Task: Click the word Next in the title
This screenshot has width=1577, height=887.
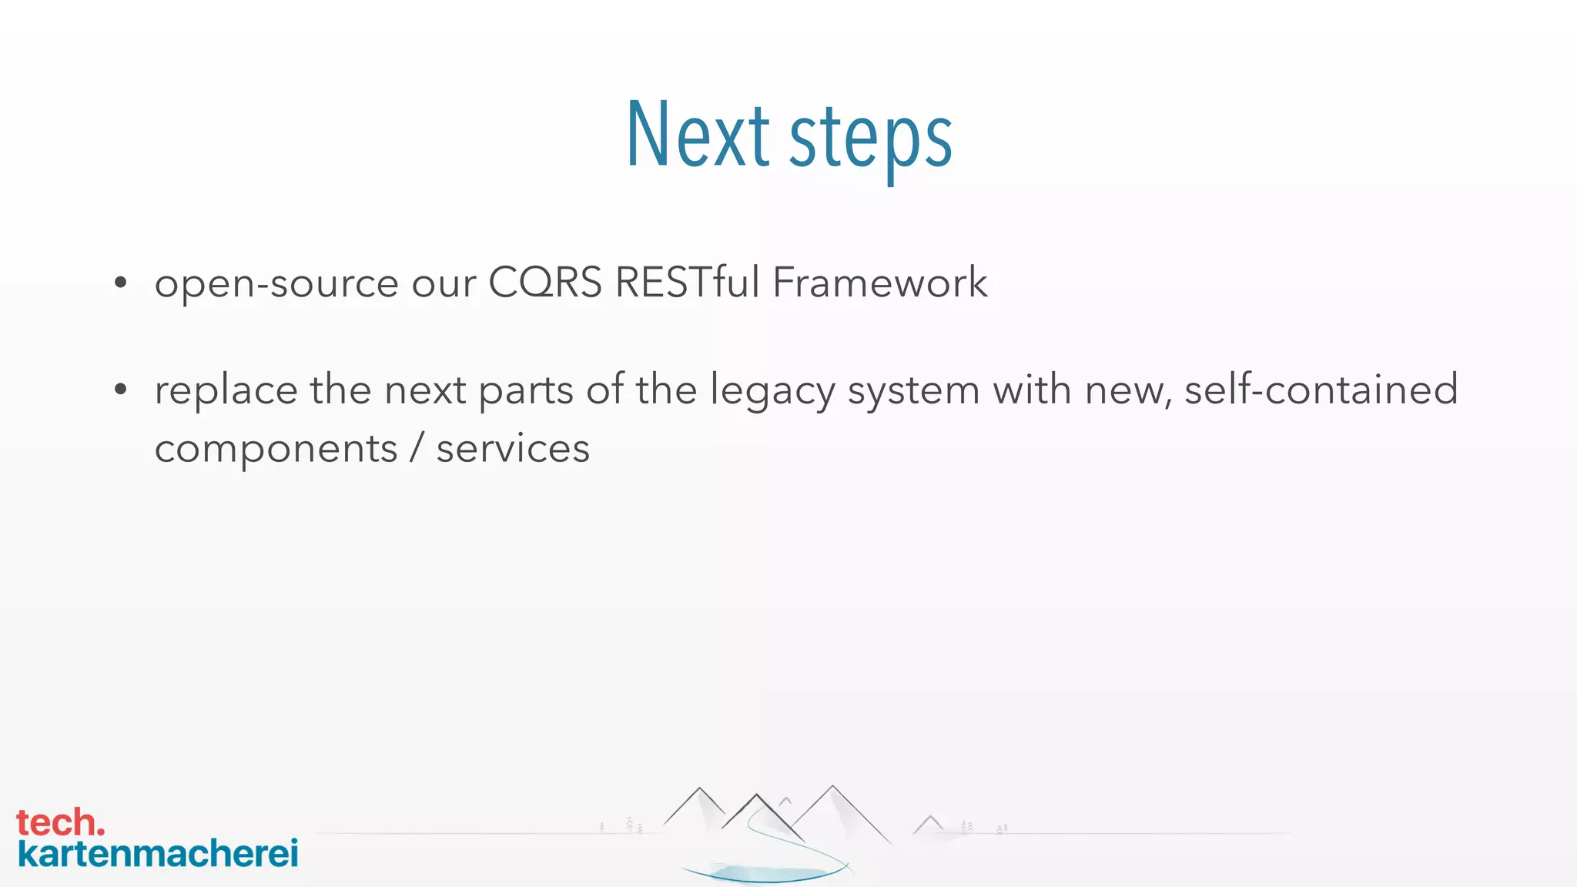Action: click(698, 136)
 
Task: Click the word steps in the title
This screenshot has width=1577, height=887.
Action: click(871, 139)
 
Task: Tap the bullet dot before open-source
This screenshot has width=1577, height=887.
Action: click(120, 283)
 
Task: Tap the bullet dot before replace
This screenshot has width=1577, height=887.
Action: click(120, 390)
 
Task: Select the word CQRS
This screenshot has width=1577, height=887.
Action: click(545, 282)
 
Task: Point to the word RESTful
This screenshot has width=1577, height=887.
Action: click(688, 282)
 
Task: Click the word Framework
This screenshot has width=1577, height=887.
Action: click(880, 282)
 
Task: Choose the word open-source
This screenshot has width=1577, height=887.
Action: click(276, 283)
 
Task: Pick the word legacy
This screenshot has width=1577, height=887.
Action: click(772, 391)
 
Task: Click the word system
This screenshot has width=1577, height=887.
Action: click(913, 391)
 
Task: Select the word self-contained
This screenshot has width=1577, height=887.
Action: click(1321, 390)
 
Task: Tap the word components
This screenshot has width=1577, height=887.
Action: click(276, 449)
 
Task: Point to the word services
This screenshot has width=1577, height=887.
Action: click(513, 449)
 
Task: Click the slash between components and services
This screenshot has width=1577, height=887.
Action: click(417, 448)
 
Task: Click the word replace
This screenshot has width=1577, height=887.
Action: click(226, 391)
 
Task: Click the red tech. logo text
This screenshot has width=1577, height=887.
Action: click(60, 822)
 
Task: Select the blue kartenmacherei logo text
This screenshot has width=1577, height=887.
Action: click(158, 854)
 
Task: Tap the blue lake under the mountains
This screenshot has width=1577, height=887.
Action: click(766, 873)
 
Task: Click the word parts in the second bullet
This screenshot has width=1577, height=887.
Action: click(526, 391)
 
